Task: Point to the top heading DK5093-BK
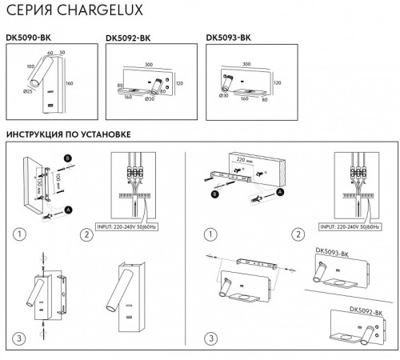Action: tap(228, 36)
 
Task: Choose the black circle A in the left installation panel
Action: tap(67, 209)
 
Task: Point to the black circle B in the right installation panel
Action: tap(214, 193)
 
